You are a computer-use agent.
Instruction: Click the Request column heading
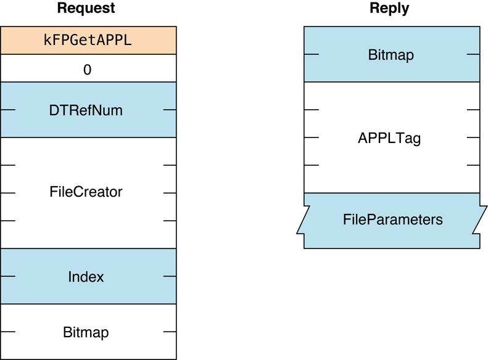click(86, 9)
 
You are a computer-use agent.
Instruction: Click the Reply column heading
click(389, 9)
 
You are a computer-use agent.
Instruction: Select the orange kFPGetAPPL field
click(88, 41)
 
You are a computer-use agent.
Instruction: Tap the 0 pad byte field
click(88, 70)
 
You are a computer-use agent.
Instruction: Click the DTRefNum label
click(86, 110)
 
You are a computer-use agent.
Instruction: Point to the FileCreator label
click(86, 192)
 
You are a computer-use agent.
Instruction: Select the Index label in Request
click(86, 277)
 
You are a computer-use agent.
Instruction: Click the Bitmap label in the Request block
click(86, 333)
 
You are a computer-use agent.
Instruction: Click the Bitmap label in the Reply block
click(391, 55)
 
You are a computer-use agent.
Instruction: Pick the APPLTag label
click(389, 138)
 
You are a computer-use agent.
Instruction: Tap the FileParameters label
click(392, 219)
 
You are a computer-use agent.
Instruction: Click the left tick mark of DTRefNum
click(7, 110)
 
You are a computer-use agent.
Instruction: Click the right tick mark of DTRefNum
click(170, 110)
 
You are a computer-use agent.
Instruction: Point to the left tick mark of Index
click(7, 277)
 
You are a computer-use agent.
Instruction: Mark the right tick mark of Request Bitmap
click(170, 333)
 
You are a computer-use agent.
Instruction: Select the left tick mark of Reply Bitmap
click(311, 55)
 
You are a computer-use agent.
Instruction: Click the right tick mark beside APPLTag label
click(473, 138)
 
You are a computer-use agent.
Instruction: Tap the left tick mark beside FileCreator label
click(7, 193)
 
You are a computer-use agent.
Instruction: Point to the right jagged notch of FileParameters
click(482, 220)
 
